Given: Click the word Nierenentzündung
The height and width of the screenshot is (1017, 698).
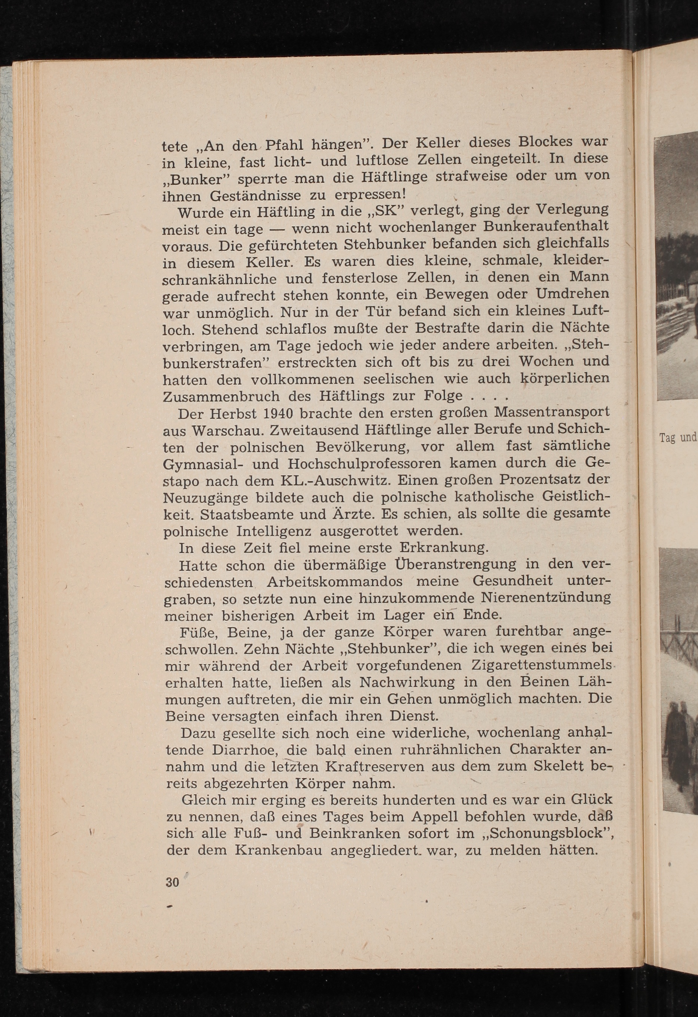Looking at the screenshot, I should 545,598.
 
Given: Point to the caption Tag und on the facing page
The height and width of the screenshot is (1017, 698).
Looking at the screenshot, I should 678,438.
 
